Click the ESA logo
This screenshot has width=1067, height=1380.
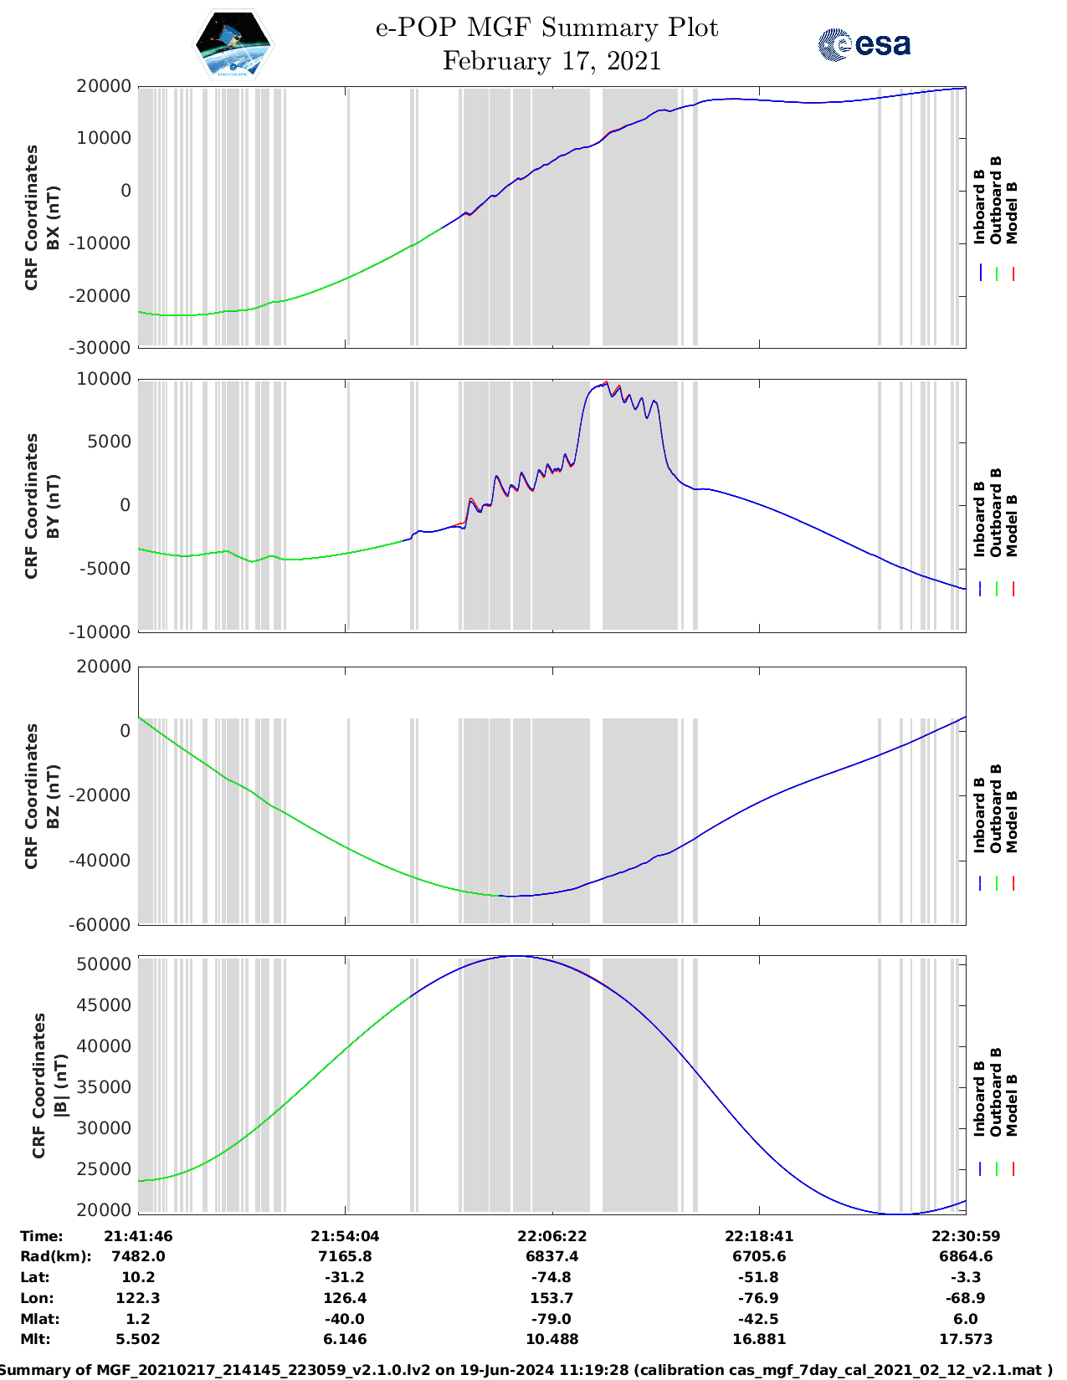(x=864, y=44)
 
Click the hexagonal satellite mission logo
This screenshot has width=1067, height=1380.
(x=233, y=45)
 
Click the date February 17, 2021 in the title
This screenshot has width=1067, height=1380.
(x=551, y=61)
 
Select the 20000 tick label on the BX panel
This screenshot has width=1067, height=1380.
(x=104, y=86)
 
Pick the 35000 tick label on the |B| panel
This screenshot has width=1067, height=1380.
(x=104, y=1087)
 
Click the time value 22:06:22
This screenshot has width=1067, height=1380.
(x=551, y=1236)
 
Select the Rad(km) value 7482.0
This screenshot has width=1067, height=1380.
(x=138, y=1256)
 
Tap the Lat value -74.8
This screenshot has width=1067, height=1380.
(x=551, y=1277)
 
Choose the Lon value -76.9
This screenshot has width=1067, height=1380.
(x=759, y=1298)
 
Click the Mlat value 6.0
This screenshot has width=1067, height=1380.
(x=966, y=1319)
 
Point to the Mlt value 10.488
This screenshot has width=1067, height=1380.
(x=551, y=1339)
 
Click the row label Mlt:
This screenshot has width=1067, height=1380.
(x=35, y=1339)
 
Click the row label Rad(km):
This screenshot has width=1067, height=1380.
(x=55, y=1256)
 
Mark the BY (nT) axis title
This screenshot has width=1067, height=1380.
(x=53, y=505)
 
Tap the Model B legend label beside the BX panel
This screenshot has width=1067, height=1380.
(x=1012, y=212)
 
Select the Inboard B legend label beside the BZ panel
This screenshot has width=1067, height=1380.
(x=979, y=815)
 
